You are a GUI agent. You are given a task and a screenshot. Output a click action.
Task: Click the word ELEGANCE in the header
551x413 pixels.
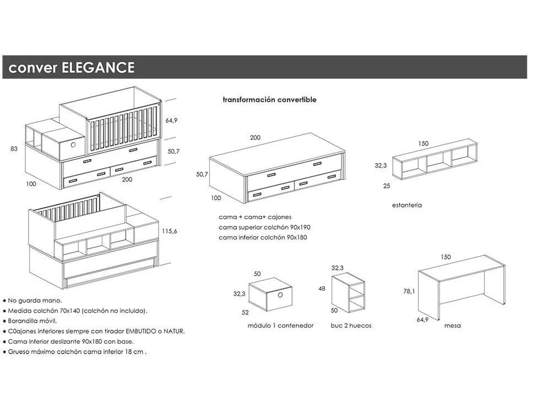99,68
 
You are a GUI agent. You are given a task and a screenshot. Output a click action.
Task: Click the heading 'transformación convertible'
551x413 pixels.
269,100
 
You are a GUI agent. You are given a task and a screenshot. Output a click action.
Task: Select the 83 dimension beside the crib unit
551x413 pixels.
14,149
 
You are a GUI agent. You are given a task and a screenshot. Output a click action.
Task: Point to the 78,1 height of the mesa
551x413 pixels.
409,292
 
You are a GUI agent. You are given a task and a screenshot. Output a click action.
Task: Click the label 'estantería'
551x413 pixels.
407,205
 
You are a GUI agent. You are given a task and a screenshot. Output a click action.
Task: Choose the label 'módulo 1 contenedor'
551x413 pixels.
280,325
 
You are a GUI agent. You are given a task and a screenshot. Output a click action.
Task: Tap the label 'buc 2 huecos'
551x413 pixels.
351,325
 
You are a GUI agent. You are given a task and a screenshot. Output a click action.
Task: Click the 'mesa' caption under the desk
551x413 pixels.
452,325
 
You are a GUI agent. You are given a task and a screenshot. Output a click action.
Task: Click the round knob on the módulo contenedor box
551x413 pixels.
279,294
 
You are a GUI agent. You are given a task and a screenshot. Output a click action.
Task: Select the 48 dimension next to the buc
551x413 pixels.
322,289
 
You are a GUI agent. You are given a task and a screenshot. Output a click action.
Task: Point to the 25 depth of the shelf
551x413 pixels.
387,186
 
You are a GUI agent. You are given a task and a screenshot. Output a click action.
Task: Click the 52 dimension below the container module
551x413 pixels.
245,312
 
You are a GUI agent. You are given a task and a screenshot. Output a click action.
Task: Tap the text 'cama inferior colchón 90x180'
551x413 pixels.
263,237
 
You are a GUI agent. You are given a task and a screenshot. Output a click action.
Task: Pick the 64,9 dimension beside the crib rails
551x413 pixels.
172,121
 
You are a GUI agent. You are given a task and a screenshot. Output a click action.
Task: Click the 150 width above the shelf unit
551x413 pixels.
423,143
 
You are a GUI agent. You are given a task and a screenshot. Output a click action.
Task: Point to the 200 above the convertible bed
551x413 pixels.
255,138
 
